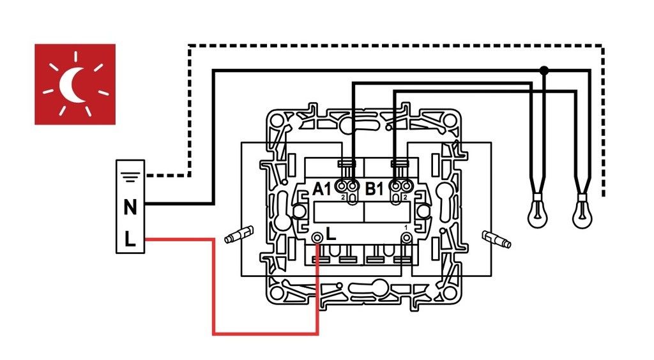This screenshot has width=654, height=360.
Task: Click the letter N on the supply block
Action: pyautogui.click(x=130, y=207)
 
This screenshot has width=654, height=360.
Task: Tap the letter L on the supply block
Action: pyautogui.click(x=130, y=239)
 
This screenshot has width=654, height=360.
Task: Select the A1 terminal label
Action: pyautogui.click(x=322, y=188)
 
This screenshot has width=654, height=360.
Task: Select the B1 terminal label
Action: pyautogui.click(x=374, y=188)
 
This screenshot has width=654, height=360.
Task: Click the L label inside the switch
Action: pyautogui.click(x=331, y=234)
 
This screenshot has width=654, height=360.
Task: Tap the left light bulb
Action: pyautogui.click(x=538, y=214)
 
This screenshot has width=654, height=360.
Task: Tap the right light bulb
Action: pyautogui.click(x=581, y=214)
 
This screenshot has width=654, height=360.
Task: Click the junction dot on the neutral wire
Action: pyautogui.click(x=544, y=70)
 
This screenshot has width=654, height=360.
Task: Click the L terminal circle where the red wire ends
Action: pyautogui.click(x=317, y=238)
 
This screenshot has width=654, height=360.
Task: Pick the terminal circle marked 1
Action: pyautogui.click(x=405, y=238)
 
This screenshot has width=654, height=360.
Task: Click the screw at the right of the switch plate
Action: pyautogui.click(x=496, y=239)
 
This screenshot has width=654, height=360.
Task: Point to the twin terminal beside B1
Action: pyautogui.click(x=401, y=186)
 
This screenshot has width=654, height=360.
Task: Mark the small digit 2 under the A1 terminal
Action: pyautogui.click(x=343, y=199)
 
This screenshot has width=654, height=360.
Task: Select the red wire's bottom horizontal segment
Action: pyautogui.click(x=265, y=333)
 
